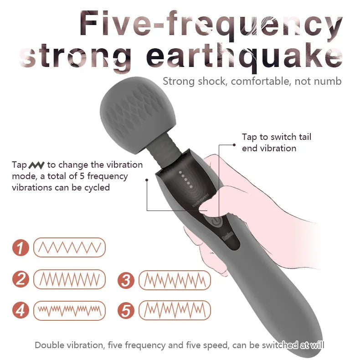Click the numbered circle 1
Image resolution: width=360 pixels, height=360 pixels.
point(21,248)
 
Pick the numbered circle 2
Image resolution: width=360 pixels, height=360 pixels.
point(21,279)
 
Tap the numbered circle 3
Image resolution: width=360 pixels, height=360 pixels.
point(126,280)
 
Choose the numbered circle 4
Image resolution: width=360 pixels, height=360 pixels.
point(21,310)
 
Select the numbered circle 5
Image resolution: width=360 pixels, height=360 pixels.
point(126,310)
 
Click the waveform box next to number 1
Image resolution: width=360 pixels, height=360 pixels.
point(69,247)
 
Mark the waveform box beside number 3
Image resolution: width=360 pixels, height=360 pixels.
point(175,280)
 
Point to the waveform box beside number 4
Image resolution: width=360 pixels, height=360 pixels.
point(69,310)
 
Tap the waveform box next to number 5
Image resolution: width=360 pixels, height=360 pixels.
point(175,310)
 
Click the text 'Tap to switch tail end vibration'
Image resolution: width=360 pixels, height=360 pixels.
point(276,143)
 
